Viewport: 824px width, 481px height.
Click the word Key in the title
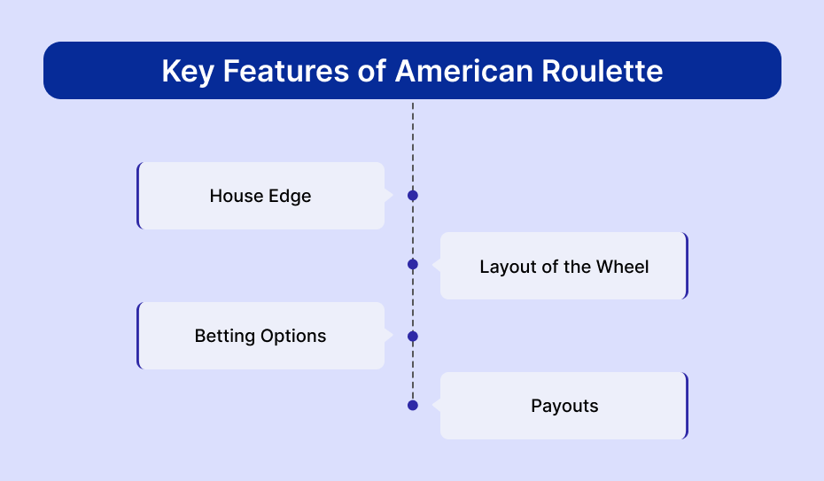188,72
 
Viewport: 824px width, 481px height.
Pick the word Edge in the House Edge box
290,197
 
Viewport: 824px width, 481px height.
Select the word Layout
509,268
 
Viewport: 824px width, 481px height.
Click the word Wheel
622,267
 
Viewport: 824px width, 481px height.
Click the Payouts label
564,407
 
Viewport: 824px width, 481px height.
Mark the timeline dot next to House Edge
413,196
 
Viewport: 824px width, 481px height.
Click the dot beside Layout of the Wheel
413,265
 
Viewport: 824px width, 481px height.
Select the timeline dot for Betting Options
413,336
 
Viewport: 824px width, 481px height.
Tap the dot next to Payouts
413,406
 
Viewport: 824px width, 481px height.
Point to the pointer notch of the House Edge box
388,196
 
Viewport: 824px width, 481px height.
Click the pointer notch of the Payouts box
436,406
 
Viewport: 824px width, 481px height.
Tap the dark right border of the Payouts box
686,406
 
